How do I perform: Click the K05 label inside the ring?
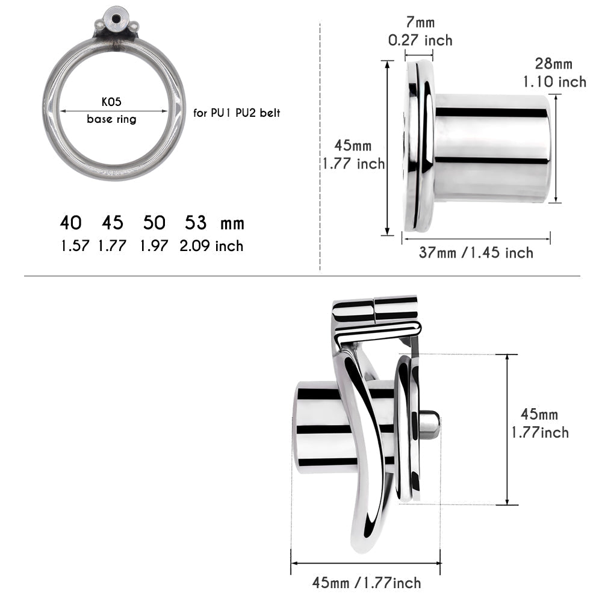coord(111,102)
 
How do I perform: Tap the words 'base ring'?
coord(111,119)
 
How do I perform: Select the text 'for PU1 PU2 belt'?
coord(237,113)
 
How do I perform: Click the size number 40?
coord(70,223)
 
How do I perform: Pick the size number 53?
coord(196,223)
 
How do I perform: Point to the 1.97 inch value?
coord(154,246)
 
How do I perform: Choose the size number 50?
coord(154,223)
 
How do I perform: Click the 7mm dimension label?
coord(420,22)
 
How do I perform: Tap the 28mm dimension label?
coord(554,64)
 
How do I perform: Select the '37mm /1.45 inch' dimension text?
coord(476,253)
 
